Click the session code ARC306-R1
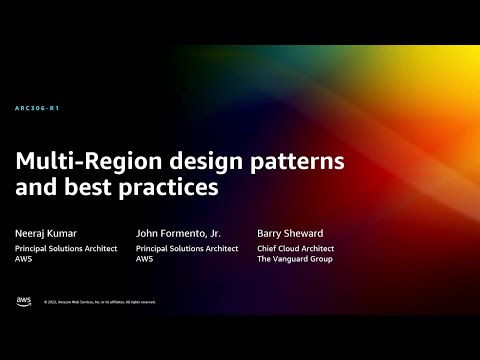pyautogui.click(x=37, y=108)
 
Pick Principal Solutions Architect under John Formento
pyautogui.click(x=188, y=248)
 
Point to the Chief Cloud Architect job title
pyautogui.click(x=295, y=248)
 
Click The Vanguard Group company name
pyautogui.click(x=295, y=258)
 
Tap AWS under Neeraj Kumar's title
pyautogui.click(x=22, y=258)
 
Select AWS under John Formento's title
pyautogui.click(x=145, y=258)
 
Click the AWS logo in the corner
pyautogui.click(x=23, y=301)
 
